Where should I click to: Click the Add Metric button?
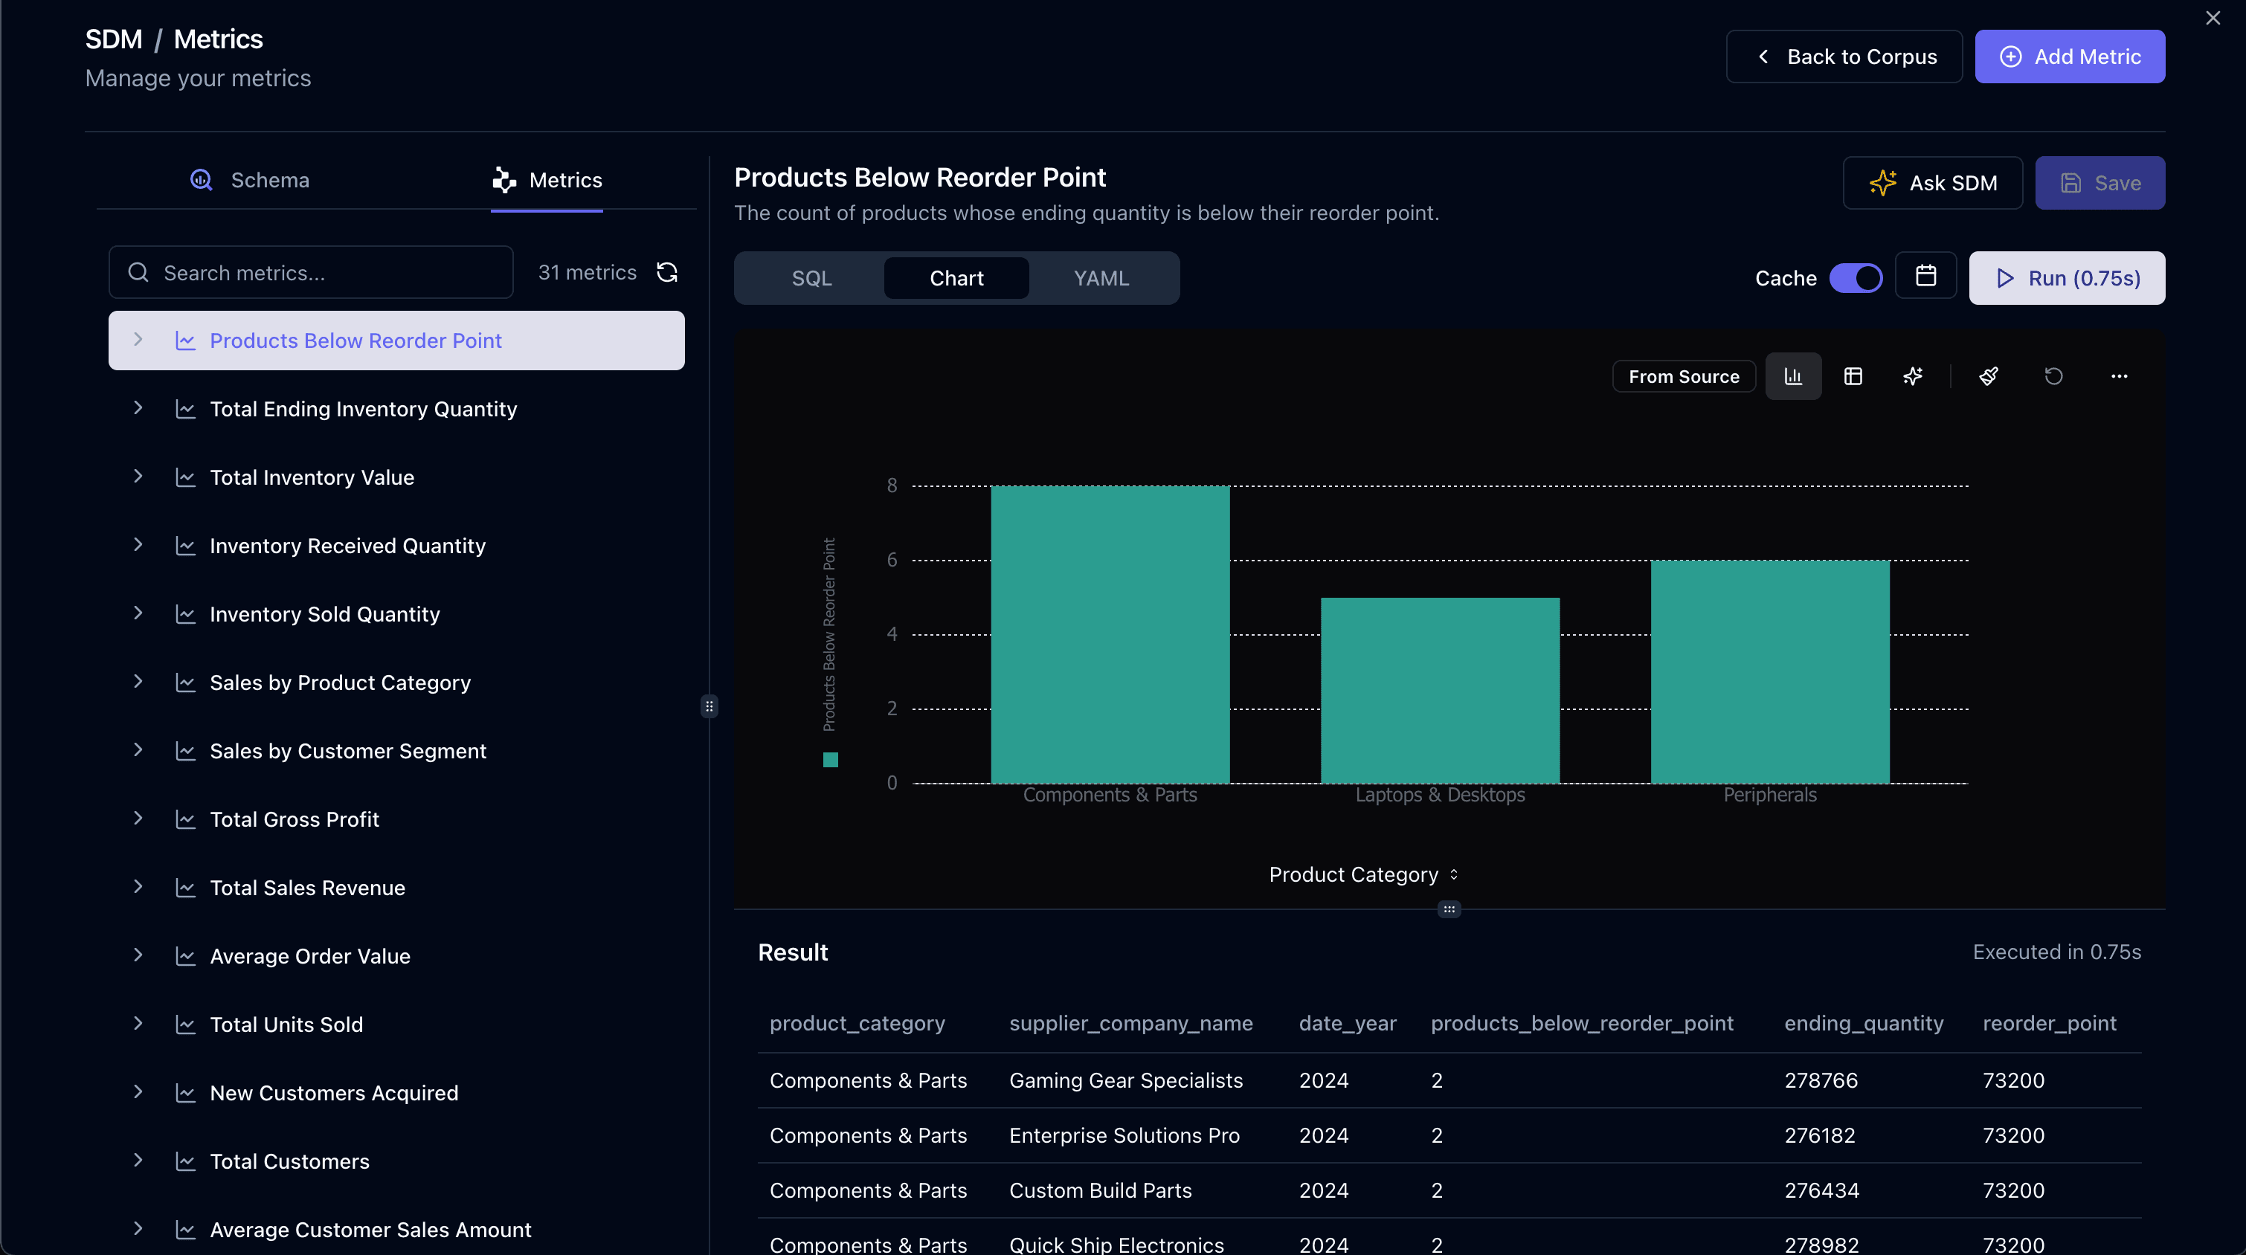click(2069, 57)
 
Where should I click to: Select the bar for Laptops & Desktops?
click(1440, 689)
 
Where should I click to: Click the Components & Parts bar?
click(1110, 633)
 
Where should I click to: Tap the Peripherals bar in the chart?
click(1769, 671)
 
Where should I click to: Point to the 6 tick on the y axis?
click(891, 560)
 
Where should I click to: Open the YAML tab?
click(1101, 278)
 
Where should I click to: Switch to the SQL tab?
click(811, 278)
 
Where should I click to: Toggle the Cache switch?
click(1856, 278)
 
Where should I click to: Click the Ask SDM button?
click(1932, 183)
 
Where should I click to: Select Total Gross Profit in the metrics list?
click(294, 819)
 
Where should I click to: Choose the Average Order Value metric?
click(309, 956)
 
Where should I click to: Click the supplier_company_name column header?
click(1130, 1023)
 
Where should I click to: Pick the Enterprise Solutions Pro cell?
click(1124, 1135)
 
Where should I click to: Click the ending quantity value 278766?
click(1821, 1081)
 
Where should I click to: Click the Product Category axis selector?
click(1362, 874)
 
